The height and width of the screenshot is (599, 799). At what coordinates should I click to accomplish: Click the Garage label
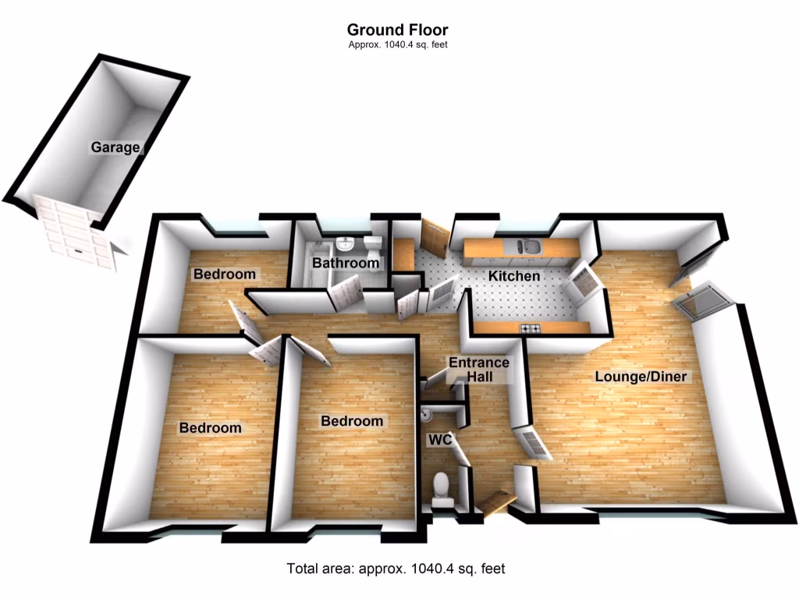tap(115, 147)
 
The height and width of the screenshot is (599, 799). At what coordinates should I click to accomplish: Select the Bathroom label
tap(345, 263)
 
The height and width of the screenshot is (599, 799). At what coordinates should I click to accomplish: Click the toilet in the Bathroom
tap(375, 248)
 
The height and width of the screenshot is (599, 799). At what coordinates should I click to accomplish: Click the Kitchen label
tap(513, 276)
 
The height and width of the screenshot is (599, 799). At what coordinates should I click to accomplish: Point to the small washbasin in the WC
tap(428, 411)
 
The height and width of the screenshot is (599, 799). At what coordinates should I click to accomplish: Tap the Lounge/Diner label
tap(641, 377)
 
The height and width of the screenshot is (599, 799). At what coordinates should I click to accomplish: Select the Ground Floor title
tap(397, 30)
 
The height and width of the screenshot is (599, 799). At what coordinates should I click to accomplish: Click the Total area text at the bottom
tap(396, 569)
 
